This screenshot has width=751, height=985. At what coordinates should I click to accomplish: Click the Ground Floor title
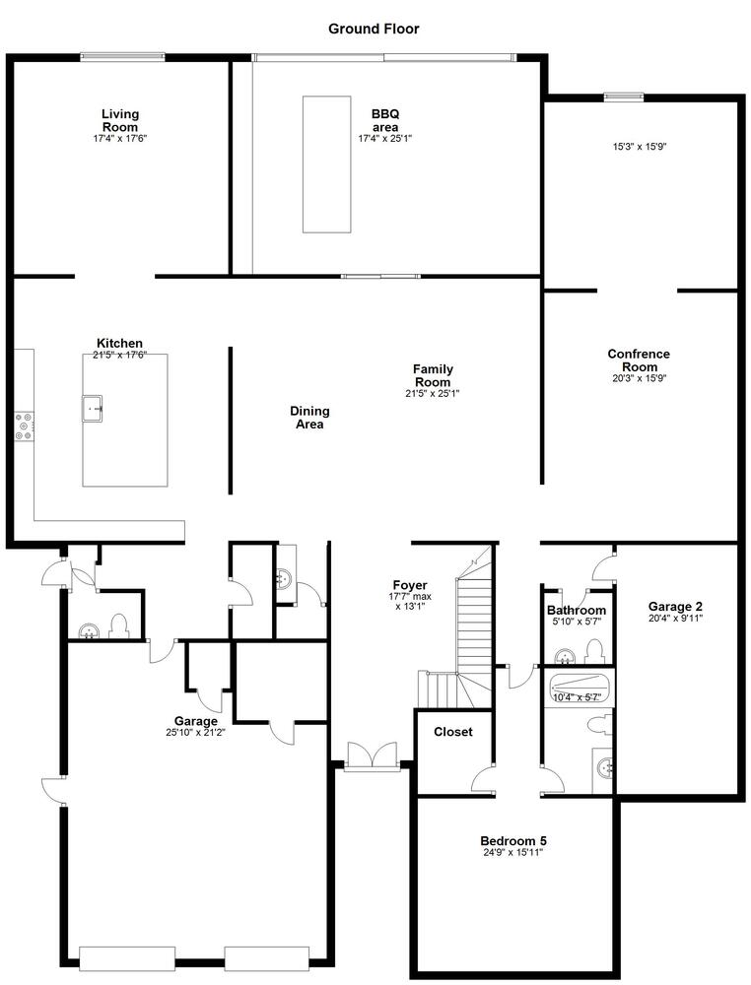[374, 29]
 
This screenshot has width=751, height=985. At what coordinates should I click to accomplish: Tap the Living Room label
[120, 120]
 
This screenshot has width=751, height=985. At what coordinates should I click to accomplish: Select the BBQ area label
[384, 120]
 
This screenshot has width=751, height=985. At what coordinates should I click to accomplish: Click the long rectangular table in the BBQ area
[326, 164]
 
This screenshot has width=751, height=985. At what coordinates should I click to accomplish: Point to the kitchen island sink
[92, 409]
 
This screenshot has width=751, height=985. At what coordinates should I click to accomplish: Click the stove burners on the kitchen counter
[26, 426]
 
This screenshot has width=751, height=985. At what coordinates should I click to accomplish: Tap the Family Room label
[433, 375]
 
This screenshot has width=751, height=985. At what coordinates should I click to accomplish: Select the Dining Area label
[309, 417]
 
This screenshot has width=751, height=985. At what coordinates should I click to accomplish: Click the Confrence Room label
[639, 360]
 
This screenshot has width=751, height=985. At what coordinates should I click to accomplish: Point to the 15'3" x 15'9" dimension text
[640, 147]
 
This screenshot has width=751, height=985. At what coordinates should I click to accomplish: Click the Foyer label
[410, 585]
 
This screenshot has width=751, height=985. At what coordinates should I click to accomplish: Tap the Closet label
[453, 732]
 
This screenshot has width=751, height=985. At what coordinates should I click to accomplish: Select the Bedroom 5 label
[513, 841]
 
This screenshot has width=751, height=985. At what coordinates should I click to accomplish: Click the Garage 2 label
[675, 606]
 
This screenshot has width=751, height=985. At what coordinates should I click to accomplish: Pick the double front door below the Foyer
[372, 755]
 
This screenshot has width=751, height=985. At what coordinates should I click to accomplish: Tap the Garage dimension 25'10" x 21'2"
[196, 732]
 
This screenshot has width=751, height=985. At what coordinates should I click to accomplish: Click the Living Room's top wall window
[122, 56]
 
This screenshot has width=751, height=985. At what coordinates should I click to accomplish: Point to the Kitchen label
[119, 343]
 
